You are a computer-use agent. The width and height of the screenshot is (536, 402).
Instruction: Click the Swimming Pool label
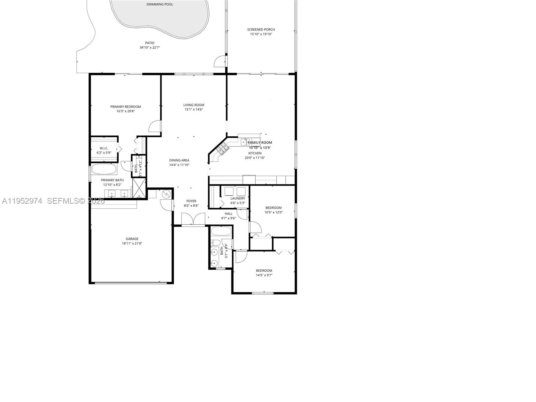point(160,4)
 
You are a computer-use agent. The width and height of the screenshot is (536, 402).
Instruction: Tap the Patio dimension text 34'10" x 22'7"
point(150,48)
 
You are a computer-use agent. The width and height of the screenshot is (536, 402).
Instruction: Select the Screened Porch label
point(261,29)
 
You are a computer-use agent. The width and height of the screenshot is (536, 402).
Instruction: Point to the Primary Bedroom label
point(126,107)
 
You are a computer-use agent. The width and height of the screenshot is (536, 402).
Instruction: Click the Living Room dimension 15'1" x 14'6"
point(194,110)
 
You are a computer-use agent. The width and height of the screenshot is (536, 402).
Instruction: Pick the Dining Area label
point(179,160)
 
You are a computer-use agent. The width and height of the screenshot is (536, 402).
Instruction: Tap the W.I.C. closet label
point(104,148)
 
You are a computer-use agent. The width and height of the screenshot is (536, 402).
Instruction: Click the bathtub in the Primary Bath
point(104,169)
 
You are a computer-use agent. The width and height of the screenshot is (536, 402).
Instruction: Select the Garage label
point(132,239)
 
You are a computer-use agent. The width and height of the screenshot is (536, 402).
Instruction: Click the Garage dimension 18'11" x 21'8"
point(132,244)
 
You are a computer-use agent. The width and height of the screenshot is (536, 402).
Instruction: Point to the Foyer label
point(191,201)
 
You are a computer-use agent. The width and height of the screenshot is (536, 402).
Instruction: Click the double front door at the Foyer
point(193,219)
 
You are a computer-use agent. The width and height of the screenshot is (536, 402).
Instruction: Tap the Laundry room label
point(238,198)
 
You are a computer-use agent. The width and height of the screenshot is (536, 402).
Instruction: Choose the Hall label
point(228,214)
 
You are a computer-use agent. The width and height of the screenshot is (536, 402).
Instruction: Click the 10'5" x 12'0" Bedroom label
point(273,208)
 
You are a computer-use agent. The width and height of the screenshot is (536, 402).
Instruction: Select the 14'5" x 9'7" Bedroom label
point(264,271)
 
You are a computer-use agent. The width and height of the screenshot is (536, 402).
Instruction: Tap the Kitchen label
point(255,153)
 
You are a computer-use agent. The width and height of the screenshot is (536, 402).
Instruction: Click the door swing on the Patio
point(219,61)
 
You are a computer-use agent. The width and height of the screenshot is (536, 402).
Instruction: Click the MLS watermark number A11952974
point(22,201)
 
